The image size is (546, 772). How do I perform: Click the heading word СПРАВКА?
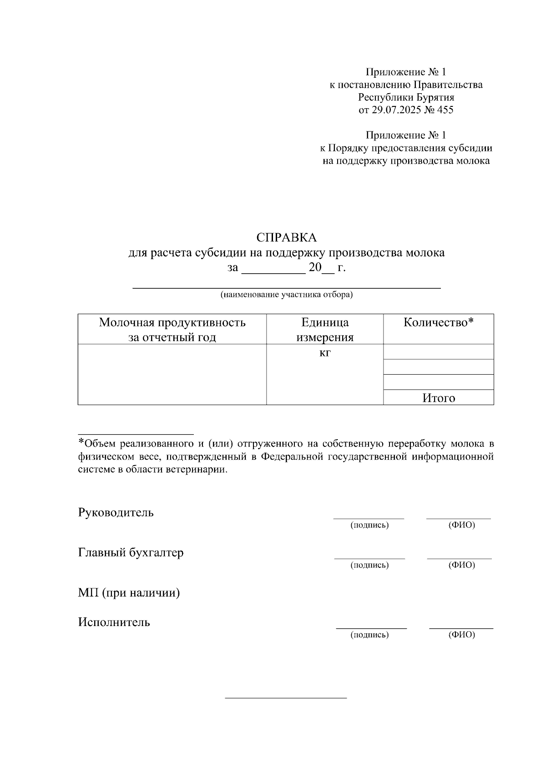click(x=286, y=238)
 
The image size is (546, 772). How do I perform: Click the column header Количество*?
click(x=439, y=323)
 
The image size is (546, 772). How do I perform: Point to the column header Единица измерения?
click(x=325, y=330)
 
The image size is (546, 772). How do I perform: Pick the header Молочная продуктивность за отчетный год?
click(x=172, y=330)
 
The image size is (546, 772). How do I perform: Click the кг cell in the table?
click(x=325, y=353)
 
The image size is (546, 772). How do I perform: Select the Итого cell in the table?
click(x=439, y=398)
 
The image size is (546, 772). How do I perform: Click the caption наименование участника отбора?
click(x=287, y=295)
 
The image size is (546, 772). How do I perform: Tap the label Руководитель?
click(x=116, y=512)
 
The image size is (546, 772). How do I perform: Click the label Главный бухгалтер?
click(x=131, y=553)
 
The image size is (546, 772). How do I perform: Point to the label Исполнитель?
click(x=114, y=622)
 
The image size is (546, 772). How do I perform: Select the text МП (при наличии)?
click(x=129, y=593)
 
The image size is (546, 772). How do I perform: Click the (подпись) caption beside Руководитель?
click(x=369, y=526)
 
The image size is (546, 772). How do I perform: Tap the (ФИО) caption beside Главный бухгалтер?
click(x=461, y=565)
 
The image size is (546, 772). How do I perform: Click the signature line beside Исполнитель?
click(x=371, y=628)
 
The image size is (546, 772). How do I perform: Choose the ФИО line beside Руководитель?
click(x=459, y=518)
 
